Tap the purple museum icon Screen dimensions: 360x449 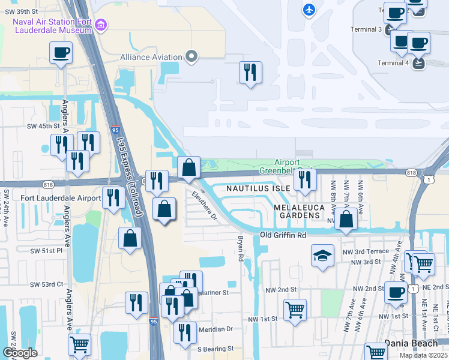pyautogui.click(x=101, y=25)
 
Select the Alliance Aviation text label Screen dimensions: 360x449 pyautogui.click(x=151, y=58)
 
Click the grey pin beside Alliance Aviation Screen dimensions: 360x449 pyautogui.click(x=191, y=57)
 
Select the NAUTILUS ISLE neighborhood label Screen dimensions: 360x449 pyautogui.click(x=258, y=188)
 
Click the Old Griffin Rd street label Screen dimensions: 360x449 pyautogui.click(x=283, y=235)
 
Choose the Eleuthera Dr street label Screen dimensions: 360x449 pyautogui.click(x=204, y=205)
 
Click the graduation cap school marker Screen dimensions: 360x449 pyautogui.click(x=322, y=255)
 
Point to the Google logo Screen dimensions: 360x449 pyautogui.click(x=20, y=353)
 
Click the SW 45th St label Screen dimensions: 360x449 pyautogui.click(x=43, y=126)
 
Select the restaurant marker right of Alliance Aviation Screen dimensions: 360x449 pyautogui.click(x=250, y=73)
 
